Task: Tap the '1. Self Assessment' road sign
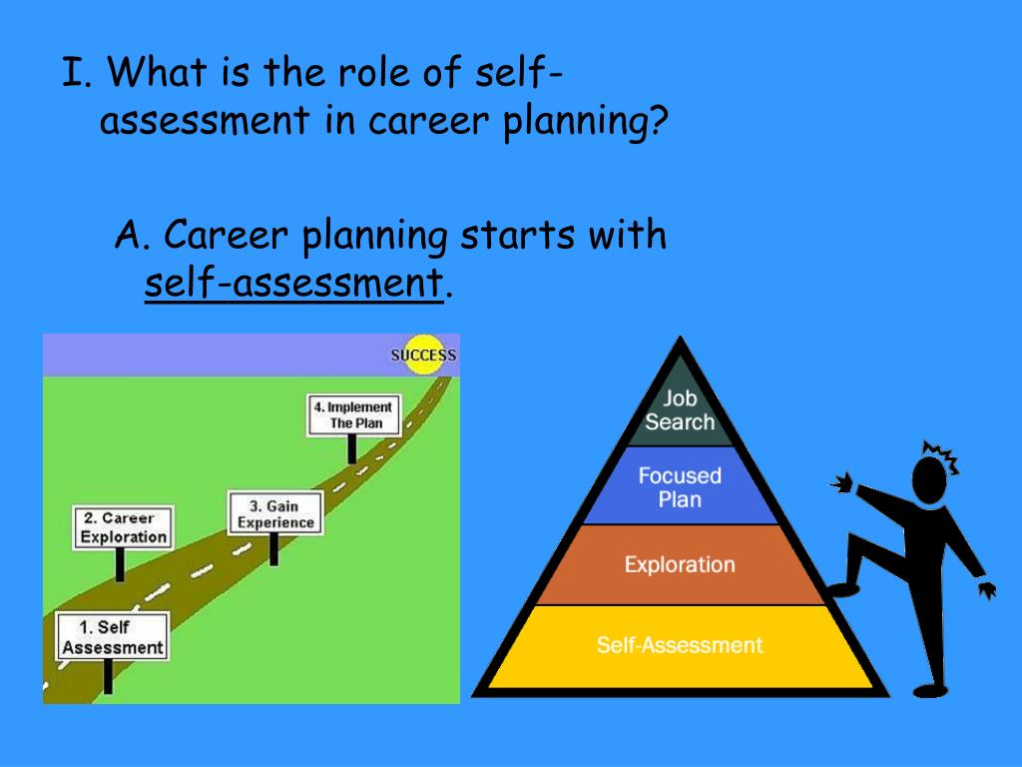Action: click(x=111, y=637)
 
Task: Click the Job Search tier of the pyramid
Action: click(x=680, y=410)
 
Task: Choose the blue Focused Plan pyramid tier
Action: click(x=680, y=486)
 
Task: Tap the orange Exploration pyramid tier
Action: click(x=680, y=565)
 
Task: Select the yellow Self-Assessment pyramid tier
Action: click(x=680, y=645)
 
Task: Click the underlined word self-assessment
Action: click(x=293, y=284)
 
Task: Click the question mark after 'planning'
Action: click(x=657, y=122)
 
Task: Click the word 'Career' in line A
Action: click(x=227, y=236)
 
